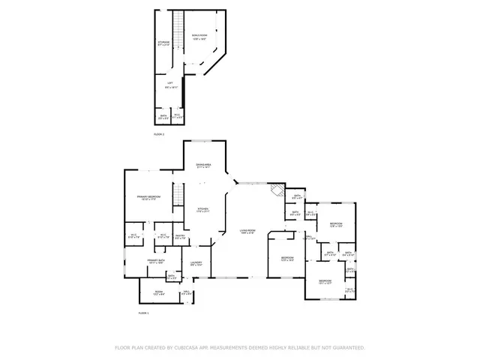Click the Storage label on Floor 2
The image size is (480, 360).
(x=163, y=43)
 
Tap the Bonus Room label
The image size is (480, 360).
(x=199, y=36)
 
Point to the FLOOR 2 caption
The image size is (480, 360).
(x=158, y=133)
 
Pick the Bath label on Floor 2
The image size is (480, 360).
(x=163, y=115)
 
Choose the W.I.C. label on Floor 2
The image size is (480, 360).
(x=177, y=115)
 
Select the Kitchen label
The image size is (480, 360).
(x=202, y=210)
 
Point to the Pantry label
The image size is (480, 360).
(x=180, y=237)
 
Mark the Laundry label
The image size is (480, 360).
(x=196, y=262)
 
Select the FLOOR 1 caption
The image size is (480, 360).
(x=143, y=312)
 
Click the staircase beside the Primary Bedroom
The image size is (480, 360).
(x=178, y=196)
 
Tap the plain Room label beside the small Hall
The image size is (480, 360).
(x=159, y=292)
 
